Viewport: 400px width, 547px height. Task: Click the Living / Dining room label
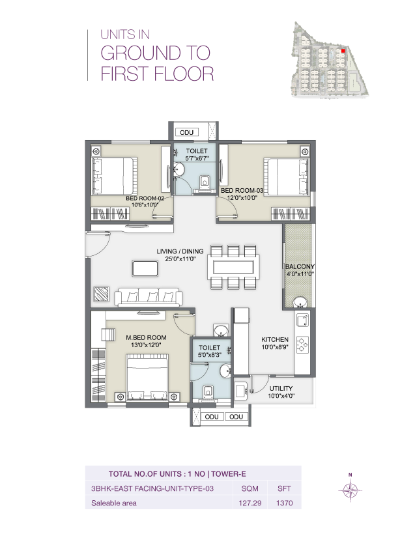click(180, 251)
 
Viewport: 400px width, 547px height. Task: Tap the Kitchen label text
click(274, 340)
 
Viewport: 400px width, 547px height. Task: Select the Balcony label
click(299, 267)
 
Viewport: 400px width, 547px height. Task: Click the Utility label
click(281, 388)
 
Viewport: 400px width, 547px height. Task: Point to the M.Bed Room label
click(146, 337)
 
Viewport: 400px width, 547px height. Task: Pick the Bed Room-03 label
click(241, 190)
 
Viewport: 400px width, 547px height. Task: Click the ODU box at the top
click(187, 132)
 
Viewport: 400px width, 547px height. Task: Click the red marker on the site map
click(343, 49)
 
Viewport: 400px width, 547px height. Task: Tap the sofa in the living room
click(147, 298)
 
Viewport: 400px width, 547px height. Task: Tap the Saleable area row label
click(114, 503)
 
